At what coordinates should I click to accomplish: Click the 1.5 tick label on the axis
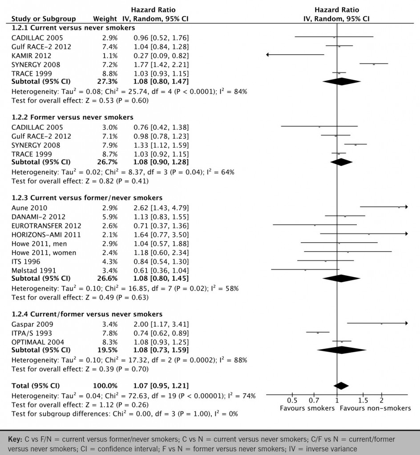tap(363, 399)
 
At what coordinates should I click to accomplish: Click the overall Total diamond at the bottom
tap(341, 386)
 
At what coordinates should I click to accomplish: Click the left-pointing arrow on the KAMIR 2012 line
tap(268, 55)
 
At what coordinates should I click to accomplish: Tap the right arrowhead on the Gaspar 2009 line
tap(405, 323)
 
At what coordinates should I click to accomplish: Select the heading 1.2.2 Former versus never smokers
tap(72, 117)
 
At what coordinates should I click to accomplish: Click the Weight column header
tap(105, 19)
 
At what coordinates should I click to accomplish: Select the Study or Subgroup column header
tap(44, 19)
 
